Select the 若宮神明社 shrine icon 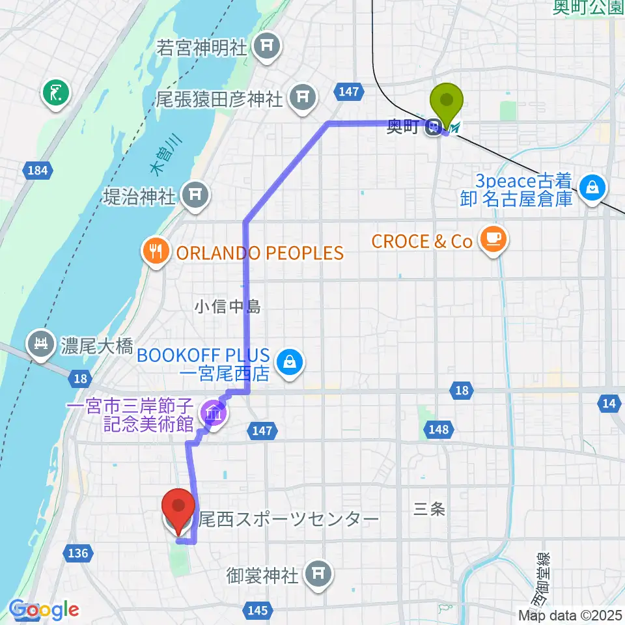point(266,47)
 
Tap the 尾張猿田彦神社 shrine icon point(303,98)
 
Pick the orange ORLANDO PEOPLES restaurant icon point(156,251)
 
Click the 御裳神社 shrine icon point(317,574)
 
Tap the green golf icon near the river point(55,94)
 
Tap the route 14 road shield point(609,404)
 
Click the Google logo point(44,610)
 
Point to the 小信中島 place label point(229,306)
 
